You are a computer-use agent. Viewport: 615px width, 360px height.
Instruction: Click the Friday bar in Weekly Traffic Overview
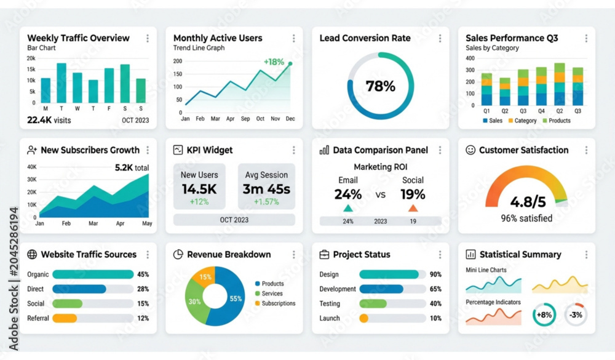point(109,85)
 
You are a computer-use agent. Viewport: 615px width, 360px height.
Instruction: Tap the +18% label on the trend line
point(274,62)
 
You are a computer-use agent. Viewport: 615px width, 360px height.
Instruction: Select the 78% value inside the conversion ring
point(381,86)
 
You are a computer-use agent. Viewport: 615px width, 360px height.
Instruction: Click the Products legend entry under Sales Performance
point(557,121)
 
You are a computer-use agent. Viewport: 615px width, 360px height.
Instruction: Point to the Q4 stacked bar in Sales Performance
point(541,86)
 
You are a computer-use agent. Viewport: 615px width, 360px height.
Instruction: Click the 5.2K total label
point(132,167)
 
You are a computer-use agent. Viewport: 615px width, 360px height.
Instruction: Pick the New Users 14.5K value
point(199,189)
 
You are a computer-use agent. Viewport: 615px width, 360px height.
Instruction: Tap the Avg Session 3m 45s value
point(266,189)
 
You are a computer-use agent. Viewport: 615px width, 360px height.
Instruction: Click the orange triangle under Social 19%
point(413,208)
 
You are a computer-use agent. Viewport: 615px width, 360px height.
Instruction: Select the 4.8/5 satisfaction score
point(528,202)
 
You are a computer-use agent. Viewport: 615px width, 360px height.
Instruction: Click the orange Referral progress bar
point(65,318)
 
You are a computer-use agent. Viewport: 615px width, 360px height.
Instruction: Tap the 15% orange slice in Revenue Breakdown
point(204,276)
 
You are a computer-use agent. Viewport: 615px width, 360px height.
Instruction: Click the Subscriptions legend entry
point(275,303)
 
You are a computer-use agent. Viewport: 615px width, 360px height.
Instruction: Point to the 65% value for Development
point(435,289)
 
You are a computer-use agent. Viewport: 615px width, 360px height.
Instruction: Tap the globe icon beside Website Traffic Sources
point(32,254)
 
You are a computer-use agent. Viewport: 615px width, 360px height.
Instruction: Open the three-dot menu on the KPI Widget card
point(294,150)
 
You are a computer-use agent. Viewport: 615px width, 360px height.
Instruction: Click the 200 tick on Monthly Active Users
point(178,62)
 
